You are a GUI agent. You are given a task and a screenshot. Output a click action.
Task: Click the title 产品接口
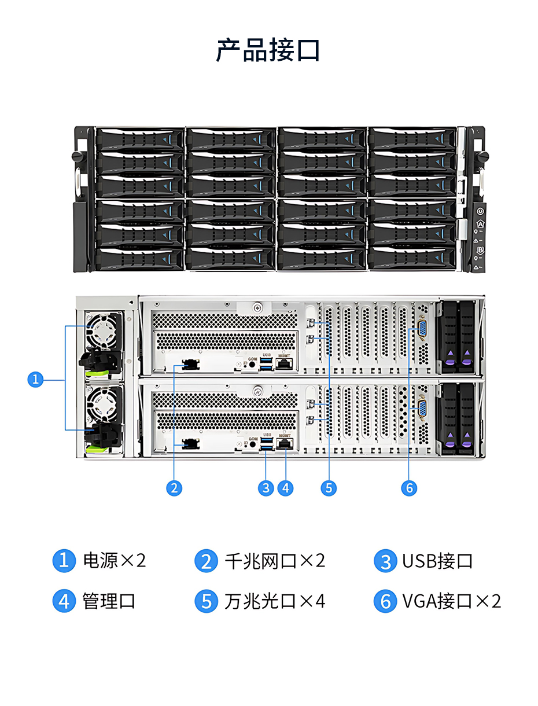(268, 50)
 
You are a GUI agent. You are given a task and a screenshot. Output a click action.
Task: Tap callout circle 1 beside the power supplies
(35, 380)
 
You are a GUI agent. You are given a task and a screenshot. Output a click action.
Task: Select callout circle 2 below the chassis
(174, 488)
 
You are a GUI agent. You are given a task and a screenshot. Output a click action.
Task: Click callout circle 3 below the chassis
(266, 488)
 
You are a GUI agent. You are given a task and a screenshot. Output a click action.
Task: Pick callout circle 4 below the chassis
(285, 488)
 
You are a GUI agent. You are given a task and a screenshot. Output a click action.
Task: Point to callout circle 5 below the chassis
(329, 488)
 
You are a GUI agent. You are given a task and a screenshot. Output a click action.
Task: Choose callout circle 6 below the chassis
(409, 488)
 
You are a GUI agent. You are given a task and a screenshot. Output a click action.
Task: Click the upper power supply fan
(102, 330)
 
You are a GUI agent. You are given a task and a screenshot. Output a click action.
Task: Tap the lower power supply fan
(102, 405)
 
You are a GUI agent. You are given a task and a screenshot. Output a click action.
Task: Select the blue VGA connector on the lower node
(422, 409)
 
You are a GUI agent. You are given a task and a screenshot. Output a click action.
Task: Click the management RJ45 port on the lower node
(285, 444)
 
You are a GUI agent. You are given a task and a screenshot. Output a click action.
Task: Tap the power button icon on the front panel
(480, 211)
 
